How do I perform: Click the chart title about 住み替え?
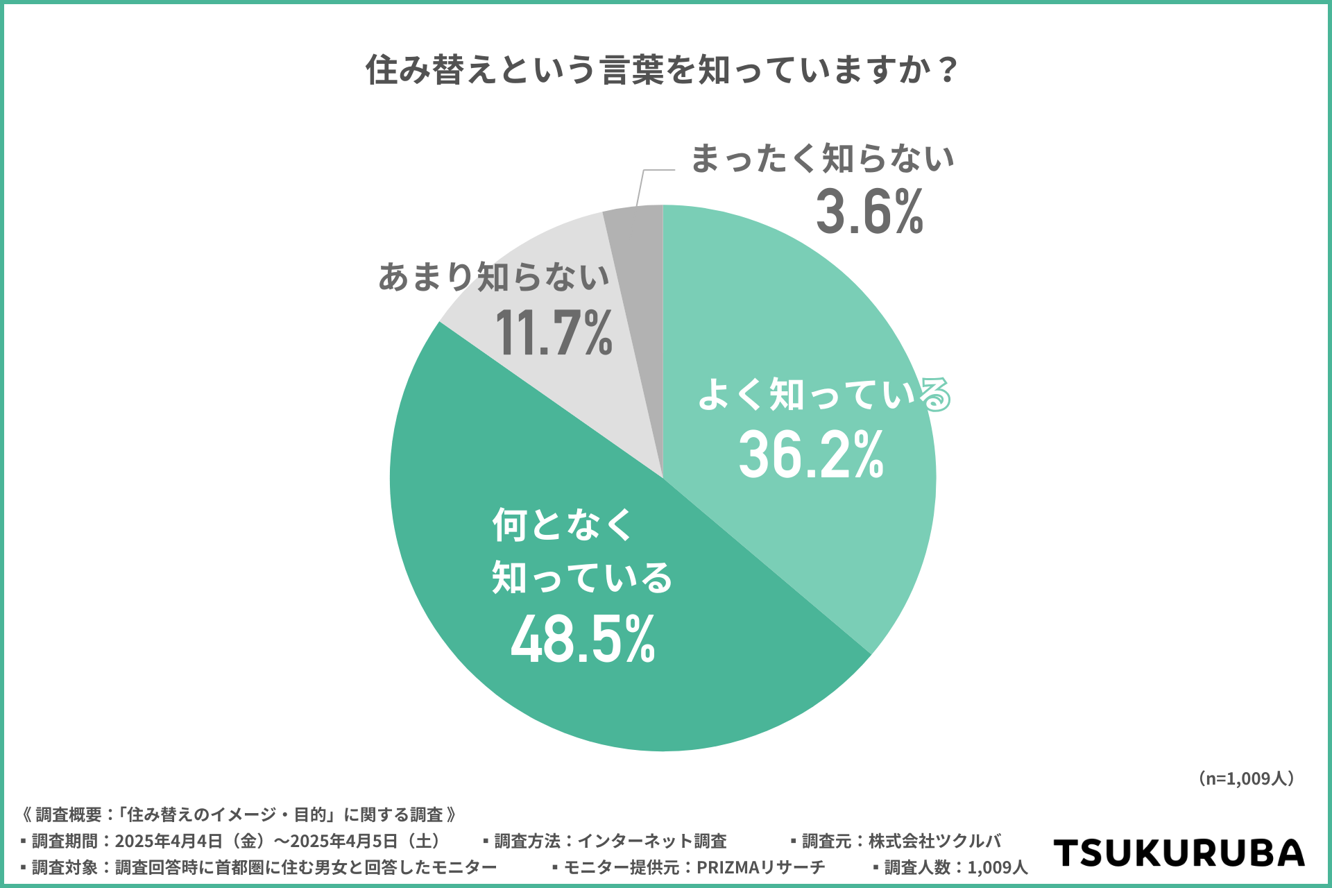[x=663, y=70]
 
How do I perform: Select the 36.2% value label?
[x=811, y=455]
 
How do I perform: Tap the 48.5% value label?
[x=583, y=639]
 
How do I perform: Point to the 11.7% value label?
[x=554, y=333]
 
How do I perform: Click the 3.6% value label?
[x=869, y=212]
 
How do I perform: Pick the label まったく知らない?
[x=823, y=159]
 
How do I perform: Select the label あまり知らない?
[x=493, y=277]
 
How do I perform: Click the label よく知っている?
[x=824, y=395]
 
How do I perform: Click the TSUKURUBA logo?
[x=1179, y=853]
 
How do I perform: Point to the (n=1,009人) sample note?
[x=1246, y=778]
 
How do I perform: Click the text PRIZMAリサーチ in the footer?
[x=760, y=867]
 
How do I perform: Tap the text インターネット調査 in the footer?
[x=652, y=841]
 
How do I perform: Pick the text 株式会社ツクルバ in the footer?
[x=934, y=841]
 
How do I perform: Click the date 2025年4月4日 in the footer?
[x=169, y=841]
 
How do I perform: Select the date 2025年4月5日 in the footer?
[x=344, y=841]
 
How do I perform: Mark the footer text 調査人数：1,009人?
[x=955, y=867]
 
